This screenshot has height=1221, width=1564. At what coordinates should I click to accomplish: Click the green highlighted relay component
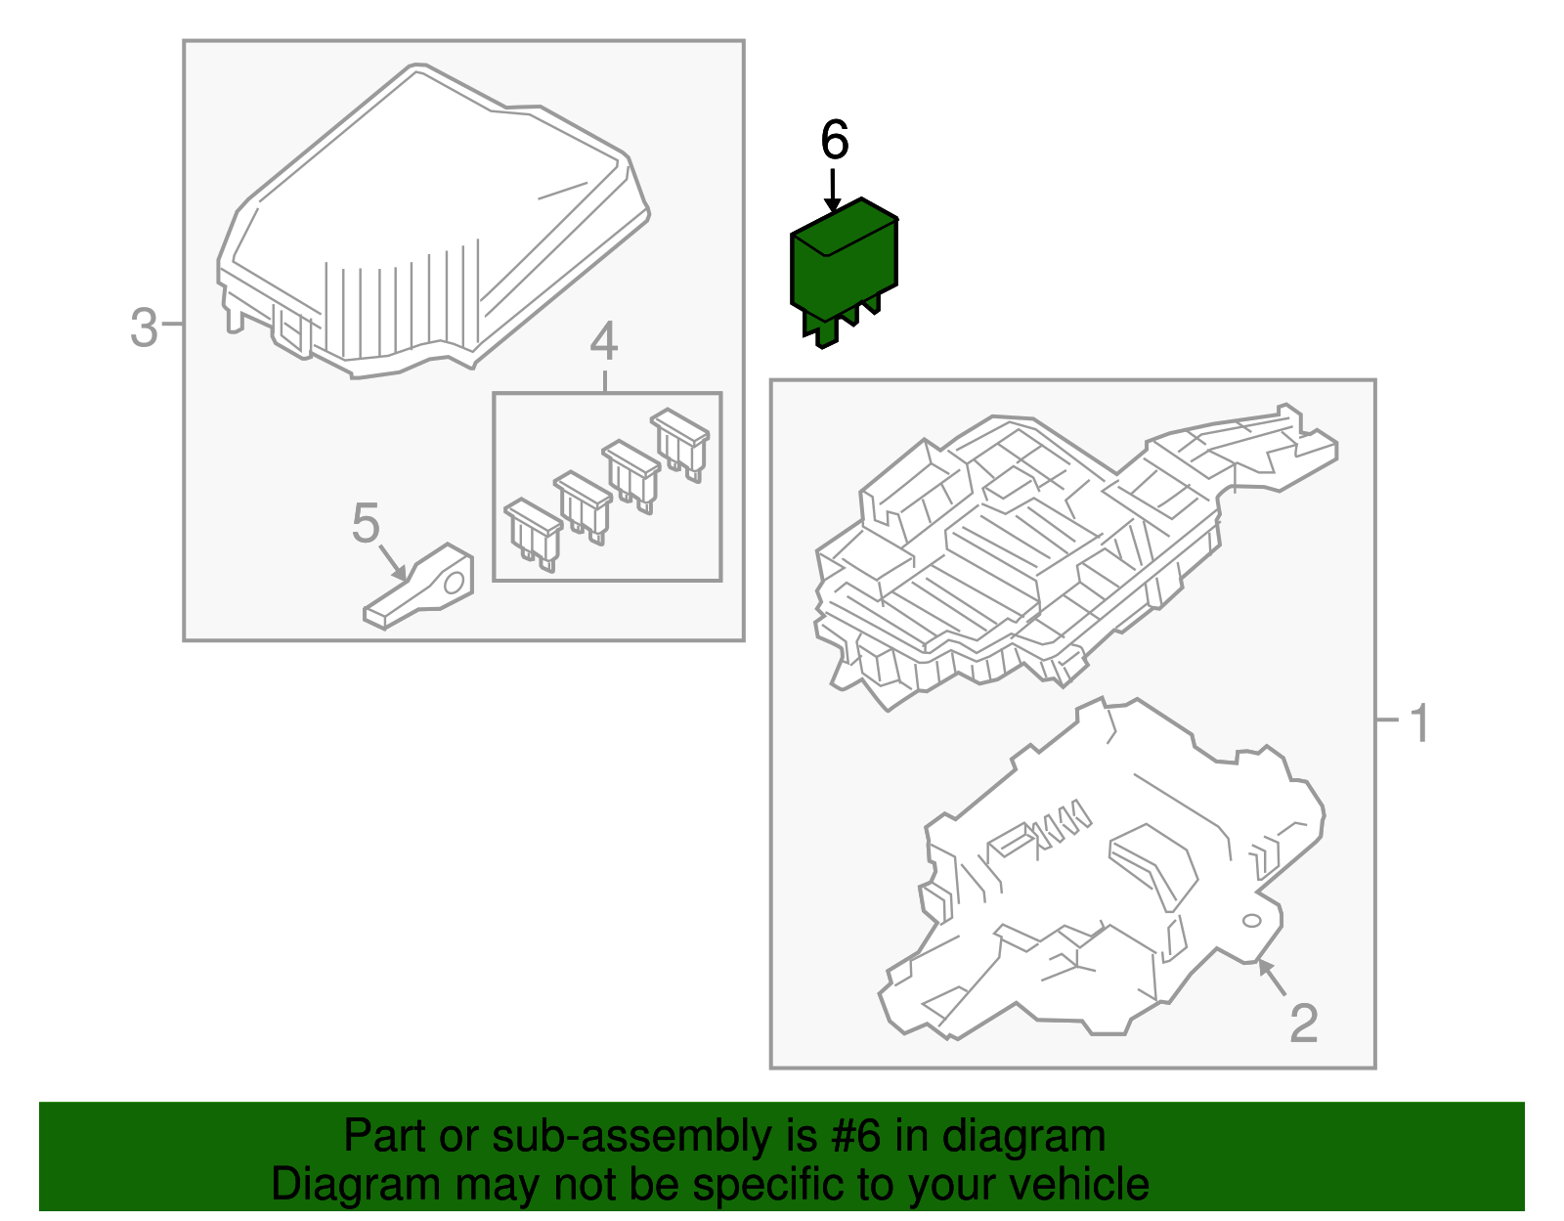844,270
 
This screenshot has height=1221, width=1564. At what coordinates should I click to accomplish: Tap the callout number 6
834,141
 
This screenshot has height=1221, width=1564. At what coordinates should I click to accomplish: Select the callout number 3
144,327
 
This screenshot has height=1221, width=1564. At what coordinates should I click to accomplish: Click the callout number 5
365,523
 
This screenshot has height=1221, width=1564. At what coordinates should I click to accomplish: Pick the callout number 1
1418,723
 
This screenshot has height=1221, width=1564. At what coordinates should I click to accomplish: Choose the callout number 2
1303,1024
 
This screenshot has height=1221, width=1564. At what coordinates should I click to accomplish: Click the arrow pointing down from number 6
833,191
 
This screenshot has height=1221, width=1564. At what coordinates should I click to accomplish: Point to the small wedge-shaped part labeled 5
418,587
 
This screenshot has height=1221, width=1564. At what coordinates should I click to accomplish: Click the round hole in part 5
454,583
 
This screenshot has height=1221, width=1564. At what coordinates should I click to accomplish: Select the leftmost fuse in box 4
533,534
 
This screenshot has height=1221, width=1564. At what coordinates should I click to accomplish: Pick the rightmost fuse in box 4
680,444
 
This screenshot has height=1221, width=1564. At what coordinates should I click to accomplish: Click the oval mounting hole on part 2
1251,921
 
